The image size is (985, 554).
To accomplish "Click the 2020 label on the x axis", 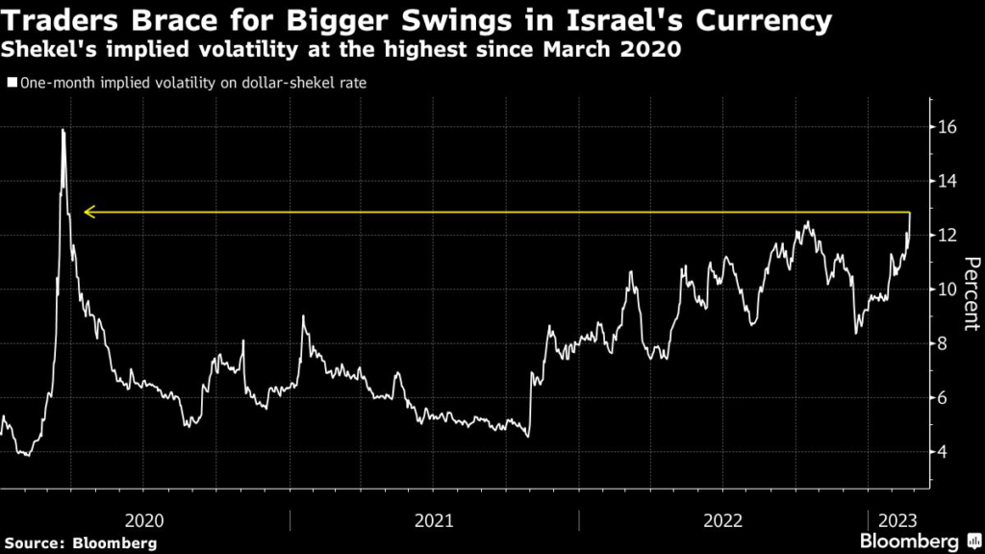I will point(144,520).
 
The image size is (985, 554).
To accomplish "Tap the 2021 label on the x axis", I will point(434,520).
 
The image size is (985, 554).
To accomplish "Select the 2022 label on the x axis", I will point(723,520).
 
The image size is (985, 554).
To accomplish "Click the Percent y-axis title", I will point(971,293).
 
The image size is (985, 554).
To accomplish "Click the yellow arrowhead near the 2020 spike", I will point(88,212).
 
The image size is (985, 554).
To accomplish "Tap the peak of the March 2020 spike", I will point(63,130).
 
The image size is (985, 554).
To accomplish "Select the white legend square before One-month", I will point(13,83).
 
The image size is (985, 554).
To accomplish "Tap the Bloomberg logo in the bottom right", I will point(907,542).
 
